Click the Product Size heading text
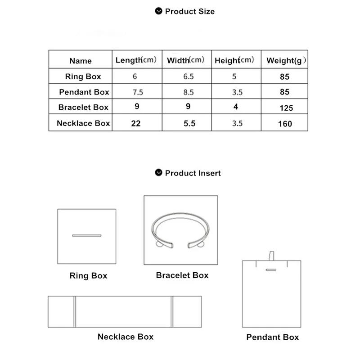189,11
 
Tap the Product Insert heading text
193,173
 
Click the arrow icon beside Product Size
158,11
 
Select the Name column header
81,61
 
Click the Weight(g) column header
287,60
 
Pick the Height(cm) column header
234,60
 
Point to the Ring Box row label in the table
83,76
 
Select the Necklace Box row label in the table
83,123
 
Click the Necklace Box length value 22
136,123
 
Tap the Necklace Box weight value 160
285,124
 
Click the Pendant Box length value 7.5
138,92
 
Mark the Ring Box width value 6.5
189,76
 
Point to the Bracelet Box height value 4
236,107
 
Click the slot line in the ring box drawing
87,235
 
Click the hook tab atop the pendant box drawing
271,256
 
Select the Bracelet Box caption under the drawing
182,275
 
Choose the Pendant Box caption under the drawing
272,337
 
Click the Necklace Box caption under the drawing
125,337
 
